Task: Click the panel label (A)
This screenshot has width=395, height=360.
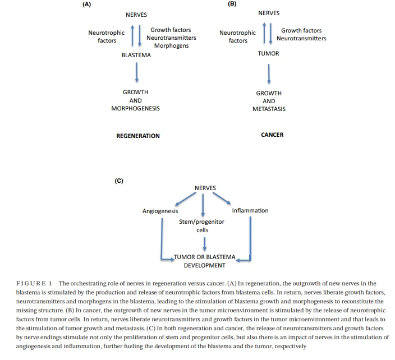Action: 86,4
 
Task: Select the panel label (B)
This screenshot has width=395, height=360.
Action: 232,4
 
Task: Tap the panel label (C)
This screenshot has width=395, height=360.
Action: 119,181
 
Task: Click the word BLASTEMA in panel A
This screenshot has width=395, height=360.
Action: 136,55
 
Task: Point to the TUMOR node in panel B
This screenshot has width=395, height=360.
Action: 268,53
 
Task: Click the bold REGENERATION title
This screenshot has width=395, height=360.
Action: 138,136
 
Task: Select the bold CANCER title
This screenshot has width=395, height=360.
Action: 272,135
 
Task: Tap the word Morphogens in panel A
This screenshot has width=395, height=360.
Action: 171,45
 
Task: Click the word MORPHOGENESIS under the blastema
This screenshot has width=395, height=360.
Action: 136,108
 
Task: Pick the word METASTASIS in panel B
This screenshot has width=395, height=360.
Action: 269,109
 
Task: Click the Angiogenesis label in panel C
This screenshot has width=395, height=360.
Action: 160,211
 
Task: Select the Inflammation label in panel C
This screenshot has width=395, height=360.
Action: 250,210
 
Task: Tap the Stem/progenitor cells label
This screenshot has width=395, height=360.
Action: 202,226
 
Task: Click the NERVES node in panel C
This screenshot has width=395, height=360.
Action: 205,188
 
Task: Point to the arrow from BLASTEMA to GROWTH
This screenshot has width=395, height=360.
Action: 136,72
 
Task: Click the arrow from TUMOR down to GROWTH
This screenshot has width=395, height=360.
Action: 269,74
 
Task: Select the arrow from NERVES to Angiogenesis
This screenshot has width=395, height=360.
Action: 185,199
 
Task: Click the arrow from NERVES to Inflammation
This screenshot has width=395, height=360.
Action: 222,198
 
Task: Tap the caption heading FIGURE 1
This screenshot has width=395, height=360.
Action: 34,284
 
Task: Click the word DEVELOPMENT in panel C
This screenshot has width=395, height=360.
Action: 205,265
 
